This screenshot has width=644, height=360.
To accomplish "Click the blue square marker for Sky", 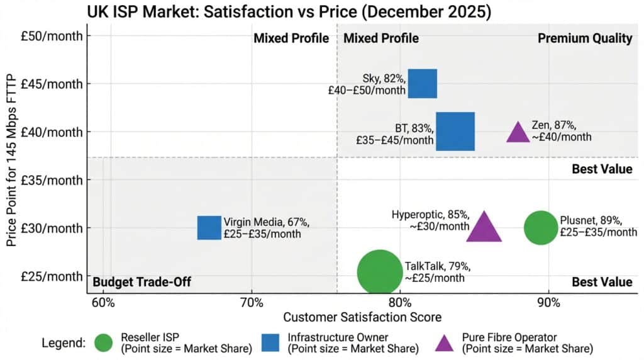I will point(422,84).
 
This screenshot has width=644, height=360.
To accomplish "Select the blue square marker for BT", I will point(455,132).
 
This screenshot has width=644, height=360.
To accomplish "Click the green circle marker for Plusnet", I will point(540,228).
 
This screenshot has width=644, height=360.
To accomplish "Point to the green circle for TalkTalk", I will point(379,273).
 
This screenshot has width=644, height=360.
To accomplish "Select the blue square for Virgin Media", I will point(209,228).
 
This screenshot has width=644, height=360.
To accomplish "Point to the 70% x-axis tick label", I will point(252,301).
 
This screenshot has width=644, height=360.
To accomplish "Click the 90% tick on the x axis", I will point(548,301).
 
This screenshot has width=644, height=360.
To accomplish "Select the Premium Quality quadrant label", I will point(585,38).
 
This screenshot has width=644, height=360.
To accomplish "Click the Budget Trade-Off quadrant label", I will point(142,282).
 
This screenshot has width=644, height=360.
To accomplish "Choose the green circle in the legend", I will point(103,342).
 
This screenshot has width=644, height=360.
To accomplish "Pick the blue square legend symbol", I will point(270,342).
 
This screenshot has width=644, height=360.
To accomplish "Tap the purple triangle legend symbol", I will point(445,343).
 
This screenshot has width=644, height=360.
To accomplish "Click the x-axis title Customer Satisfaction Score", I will point(362,317).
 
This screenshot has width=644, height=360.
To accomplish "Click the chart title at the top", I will point(289,11).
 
